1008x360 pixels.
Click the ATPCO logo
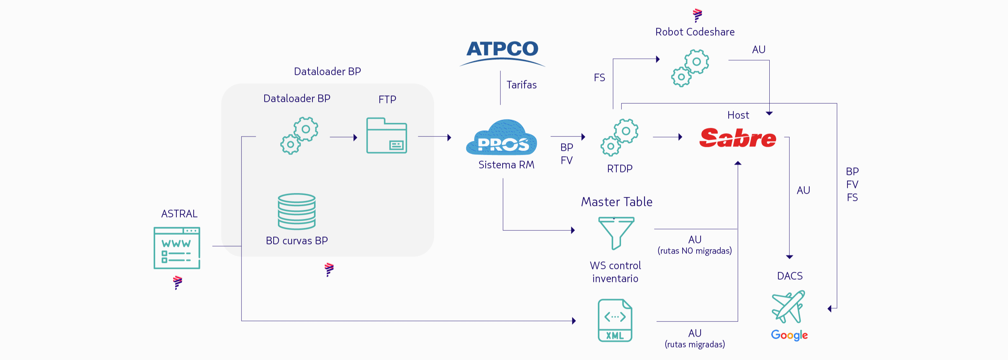pyautogui.click(x=502, y=53)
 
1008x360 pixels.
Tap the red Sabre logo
pyautogui.click(x=738, y=138)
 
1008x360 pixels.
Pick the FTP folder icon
pyautogui.click(x=387, y=135)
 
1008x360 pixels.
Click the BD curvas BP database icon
pyautogui.click(x=297, y=211)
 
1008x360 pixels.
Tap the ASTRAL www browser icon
pyautogui.click(x=177, y=248)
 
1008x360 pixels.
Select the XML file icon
pyautogui.click(x=615, y=320)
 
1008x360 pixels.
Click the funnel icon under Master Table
pyautogui.click(x=616, y=233)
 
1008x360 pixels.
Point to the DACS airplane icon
pyautogui.click(x=788, y=306)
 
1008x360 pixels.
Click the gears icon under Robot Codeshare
pyautogui.click(x=690, y=68)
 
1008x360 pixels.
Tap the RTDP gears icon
pyautogui.click(x=620, y=138)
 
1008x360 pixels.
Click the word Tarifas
pyautogui.click(x=522, y=85)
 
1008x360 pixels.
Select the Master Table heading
pyautogui.click(x=617, y=202)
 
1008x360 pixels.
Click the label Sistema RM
pyautogui.click(x=507, y=165)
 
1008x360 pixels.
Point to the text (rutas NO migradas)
pyautogui.click(x=694, y=251)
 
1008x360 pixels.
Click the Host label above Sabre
pyautogui.click(x=738, y=115)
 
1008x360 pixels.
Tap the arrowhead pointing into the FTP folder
pyautogui.click(x=355, y=138)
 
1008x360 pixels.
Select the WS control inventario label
pyautogui.click(x=616, y=272)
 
